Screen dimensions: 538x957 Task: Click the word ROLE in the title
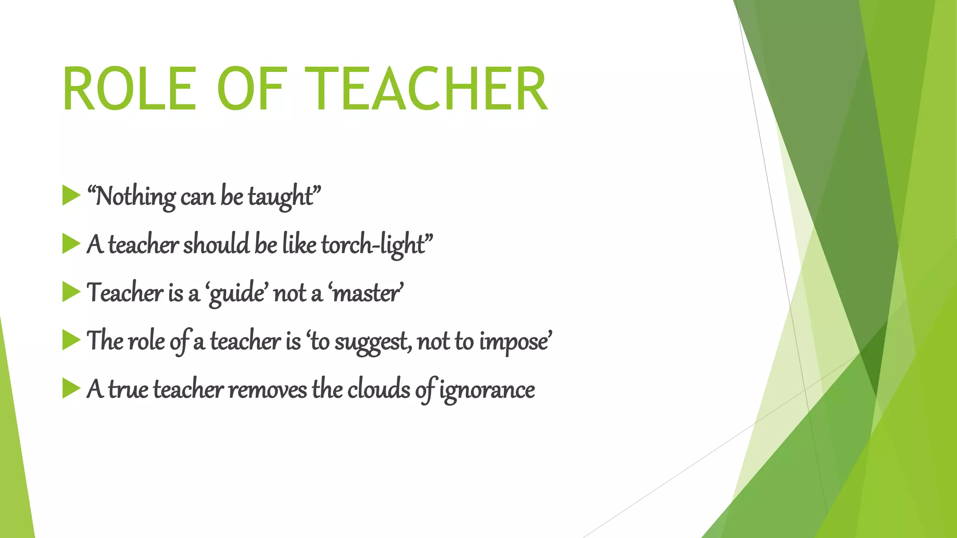pos(129,89)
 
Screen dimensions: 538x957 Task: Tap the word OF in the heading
pos(250,89)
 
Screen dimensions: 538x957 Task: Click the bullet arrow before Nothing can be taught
pos(71,195)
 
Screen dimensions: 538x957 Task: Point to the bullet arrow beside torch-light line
pos(71,244)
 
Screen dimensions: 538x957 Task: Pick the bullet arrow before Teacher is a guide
pos(71,292)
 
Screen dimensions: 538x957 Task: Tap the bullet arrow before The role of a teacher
pos(71,340)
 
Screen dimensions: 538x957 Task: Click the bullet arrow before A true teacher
pos(71,389)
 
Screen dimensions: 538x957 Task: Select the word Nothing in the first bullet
pos(135,197)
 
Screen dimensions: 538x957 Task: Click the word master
pos(365,294)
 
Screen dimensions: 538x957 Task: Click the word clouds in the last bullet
pos(379,389)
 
